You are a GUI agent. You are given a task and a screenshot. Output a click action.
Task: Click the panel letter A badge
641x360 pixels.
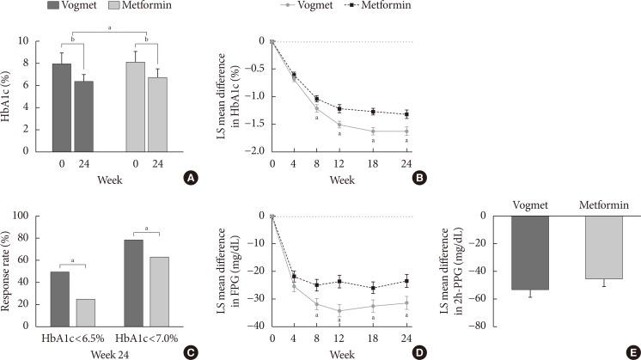tap(192, 178)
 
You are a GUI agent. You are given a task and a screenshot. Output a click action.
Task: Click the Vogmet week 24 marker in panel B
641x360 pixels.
tap(406, 131)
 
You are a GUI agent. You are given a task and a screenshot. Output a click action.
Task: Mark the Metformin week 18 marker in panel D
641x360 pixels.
tap(373, 288)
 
